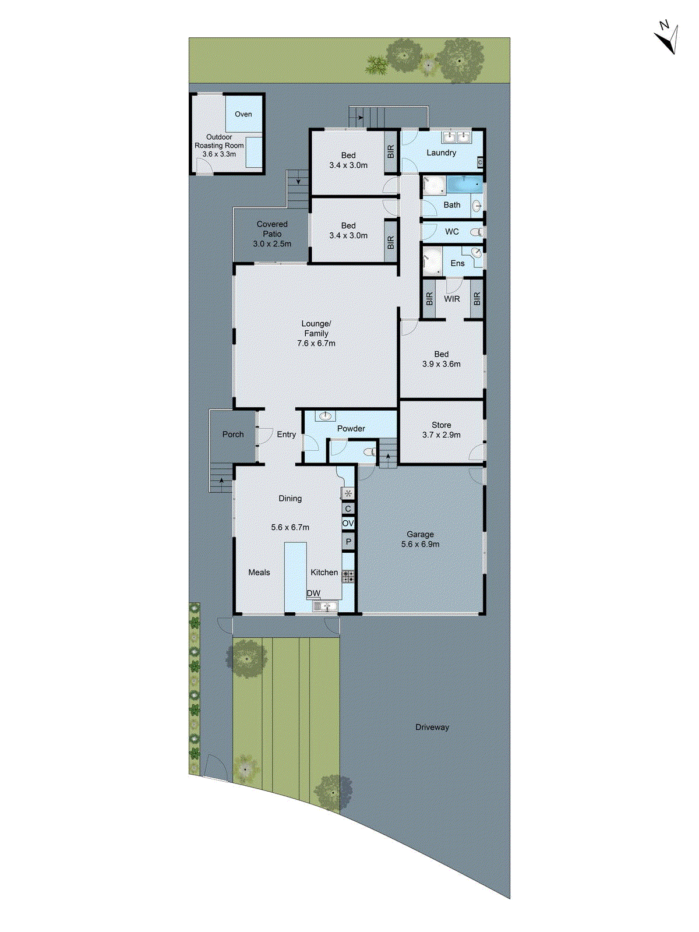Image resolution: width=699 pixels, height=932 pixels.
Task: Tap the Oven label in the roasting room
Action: (243, 114)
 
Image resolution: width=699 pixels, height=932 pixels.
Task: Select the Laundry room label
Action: (441, 153)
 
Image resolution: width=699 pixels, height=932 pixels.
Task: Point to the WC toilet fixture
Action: (477, 232)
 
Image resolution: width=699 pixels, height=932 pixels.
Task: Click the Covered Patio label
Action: (272, 234)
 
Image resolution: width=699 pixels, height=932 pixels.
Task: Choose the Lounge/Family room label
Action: (316, 333)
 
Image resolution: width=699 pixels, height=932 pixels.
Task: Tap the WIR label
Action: (452, 299)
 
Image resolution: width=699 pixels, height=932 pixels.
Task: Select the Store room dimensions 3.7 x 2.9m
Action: (441, 435)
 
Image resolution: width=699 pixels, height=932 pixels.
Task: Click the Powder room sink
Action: (325, 416)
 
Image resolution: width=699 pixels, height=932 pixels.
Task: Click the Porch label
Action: (233, 435)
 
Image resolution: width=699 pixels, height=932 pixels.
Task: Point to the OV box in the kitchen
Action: (348, 524)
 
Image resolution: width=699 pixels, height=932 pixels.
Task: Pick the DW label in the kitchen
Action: (313, 594)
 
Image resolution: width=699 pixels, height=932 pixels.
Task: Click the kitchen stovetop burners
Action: (348, 577)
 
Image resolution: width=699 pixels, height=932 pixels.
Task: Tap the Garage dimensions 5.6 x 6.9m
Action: (420, 544)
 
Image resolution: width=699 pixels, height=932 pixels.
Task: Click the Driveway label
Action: (432, 727)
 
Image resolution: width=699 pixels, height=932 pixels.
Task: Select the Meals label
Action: (259, 573)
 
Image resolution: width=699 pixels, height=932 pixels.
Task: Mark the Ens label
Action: (458, 263)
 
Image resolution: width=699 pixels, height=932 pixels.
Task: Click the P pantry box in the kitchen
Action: (348, 542)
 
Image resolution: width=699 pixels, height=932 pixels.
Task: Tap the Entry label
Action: (286, 435)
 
